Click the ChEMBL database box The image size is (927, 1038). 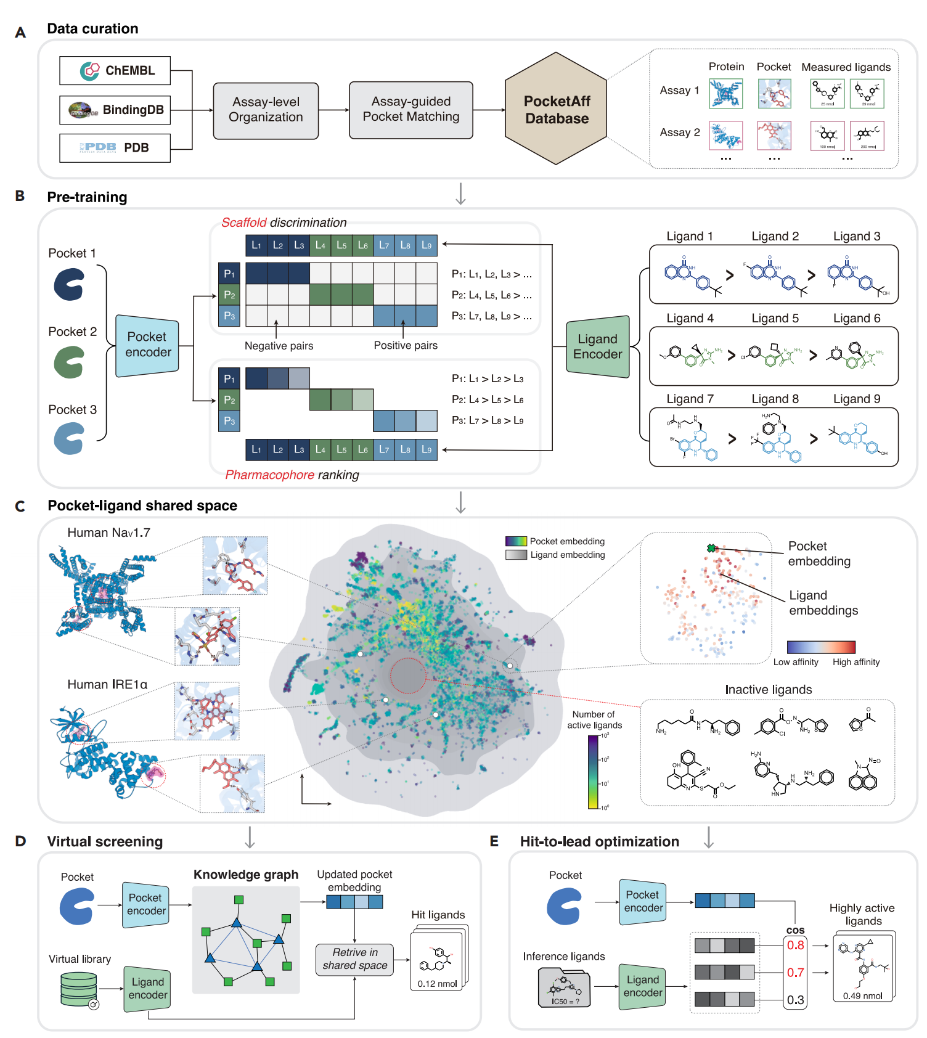click(115, 71)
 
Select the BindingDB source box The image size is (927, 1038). click(115, 110)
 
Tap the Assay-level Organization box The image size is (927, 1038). click(266, 110)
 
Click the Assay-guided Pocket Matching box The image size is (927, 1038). click(410, 110)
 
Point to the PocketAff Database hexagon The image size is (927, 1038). click(556, 109)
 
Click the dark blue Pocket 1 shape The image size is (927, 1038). click(68, 285)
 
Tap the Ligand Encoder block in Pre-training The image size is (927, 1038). click(597, 346)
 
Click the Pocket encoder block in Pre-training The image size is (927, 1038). click(147, 345)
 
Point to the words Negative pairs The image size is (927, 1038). click(279, 346)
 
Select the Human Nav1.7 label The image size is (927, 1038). click(108, 533)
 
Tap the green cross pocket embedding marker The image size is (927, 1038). click(711, 548)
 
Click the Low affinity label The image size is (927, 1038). click(796, 662)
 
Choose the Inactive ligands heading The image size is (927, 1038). click(768, 690)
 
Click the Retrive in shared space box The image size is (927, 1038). click(354, 959)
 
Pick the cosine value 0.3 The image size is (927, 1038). click(795, 1000)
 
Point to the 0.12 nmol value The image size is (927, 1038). click(437, 984)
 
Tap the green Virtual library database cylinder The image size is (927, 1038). click(79, 988)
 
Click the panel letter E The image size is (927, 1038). click(494, 841)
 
